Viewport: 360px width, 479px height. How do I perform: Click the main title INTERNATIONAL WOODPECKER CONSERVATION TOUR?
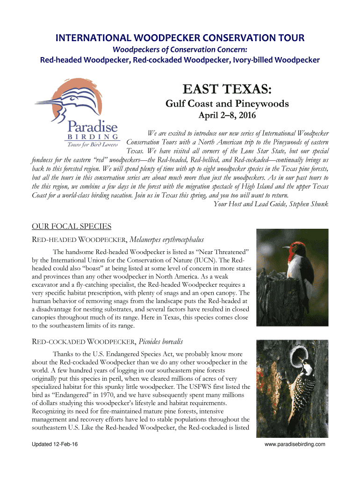180,37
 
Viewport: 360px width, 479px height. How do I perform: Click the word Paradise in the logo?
93,126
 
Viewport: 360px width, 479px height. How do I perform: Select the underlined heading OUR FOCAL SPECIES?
71,227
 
